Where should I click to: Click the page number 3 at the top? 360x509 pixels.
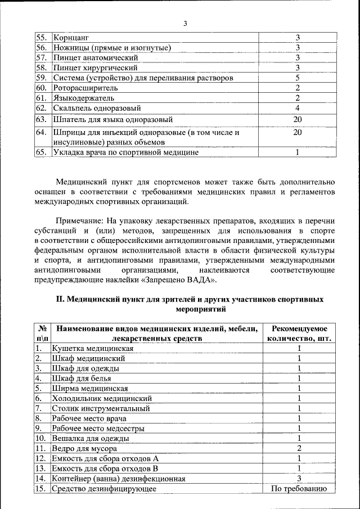[184, 23]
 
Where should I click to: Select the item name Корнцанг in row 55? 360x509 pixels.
[71, 38]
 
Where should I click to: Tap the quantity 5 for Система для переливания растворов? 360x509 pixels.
[298, 78]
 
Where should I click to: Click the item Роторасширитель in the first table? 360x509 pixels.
[85, 88]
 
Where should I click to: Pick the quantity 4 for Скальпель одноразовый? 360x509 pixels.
[298, 108]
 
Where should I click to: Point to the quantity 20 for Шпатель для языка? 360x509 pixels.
[298, 120]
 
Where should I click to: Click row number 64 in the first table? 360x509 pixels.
[40, 133]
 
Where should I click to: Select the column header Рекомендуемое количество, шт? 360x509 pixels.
[299, 334]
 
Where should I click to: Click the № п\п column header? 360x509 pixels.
[42, 334]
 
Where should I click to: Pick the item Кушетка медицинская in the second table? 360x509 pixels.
[92, 349]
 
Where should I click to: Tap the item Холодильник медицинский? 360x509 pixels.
[101, 398]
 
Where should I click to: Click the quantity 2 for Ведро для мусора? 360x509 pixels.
[299, 448]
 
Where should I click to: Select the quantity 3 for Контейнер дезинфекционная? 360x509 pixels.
[299, 479]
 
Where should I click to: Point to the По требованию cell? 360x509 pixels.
[299, 489]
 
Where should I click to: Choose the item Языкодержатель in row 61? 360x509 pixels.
[83, 98]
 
